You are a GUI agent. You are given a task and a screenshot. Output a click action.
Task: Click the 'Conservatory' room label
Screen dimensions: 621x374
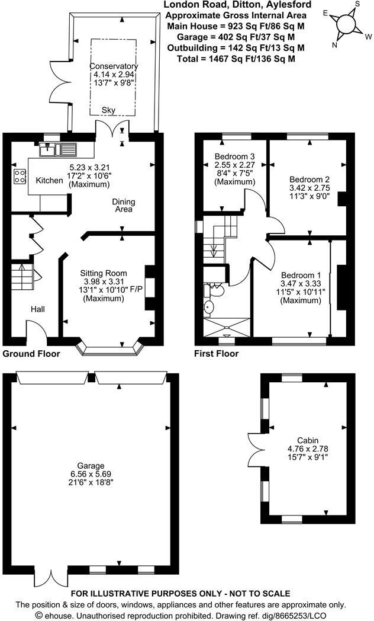pos(114,66)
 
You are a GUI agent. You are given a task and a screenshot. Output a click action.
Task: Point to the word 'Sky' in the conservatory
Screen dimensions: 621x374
pos(108,110)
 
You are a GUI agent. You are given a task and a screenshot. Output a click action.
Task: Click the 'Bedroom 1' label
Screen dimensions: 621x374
pos(301,276)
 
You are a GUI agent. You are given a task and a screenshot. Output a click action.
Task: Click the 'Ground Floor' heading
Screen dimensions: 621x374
pos(31,354)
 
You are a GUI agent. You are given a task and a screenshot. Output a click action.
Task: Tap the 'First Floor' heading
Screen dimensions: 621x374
pos(217,354)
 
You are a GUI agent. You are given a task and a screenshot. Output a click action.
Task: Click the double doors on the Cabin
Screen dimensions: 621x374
pos(256,441)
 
